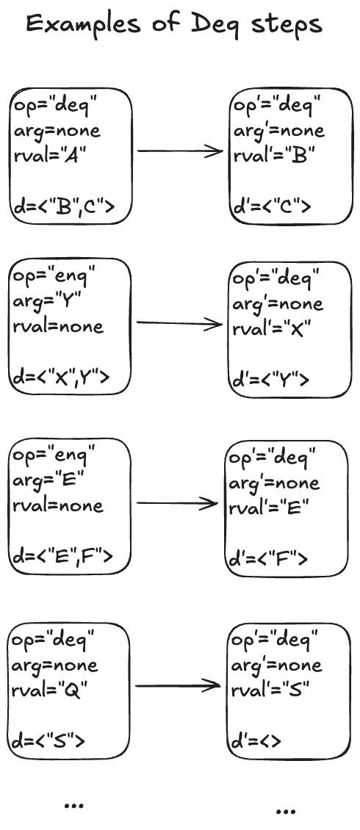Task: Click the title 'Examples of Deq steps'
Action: [x=174, y=24]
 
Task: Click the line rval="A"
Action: [x=50, y=155]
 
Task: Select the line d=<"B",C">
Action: [x=64, y=206]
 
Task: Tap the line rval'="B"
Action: [x=275, y=154]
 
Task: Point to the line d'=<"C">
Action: [x=273, y=206]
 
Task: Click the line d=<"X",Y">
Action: [x=62, y=376]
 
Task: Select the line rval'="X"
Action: [x=271, y=328]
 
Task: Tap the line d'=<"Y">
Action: [x=270, y=379]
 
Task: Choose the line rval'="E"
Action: [x=268, y=508]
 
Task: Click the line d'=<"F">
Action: [x=268, y=558]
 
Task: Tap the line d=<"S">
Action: [x=48, y=740]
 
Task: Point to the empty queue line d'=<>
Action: [x=256, y=740]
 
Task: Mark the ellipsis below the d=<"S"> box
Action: [x=73, y=805]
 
